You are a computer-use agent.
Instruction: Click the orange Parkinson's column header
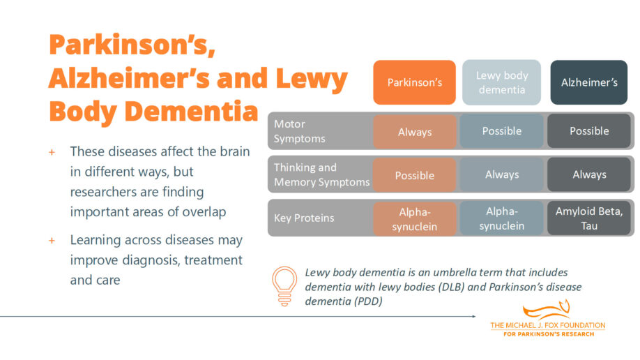pyautogui.click(x=415, y=82)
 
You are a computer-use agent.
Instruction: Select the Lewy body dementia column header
pyautogui.click(x=501, y=82)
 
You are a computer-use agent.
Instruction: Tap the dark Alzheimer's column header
pyautogui.click(x=589, y=82)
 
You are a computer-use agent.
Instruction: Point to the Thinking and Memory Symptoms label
pyautogui.click(x=321, y=174)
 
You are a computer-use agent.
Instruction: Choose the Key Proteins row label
pyautogui.click(x=304, y=218)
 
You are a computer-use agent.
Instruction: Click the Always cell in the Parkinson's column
pyautogui.click(x=415, y=132)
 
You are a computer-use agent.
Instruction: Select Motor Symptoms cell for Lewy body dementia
pyautogui.click(x=501, y=131)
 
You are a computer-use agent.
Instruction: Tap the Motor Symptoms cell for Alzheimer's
pyautogui.click(x=589, y=131)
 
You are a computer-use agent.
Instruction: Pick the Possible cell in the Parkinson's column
pyautogui.click(x=415, y=175)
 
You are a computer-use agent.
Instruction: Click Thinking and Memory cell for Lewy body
pyautogui.click(x=501, y=174)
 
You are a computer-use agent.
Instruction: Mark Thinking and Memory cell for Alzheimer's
pyautogui.click(x=589, y=174)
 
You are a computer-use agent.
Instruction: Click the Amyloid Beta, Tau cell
pyautogui.click(x=589, y=218)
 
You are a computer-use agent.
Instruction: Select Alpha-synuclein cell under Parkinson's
pyautogui.click(x=415, y=219)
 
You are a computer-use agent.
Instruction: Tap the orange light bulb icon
pyautogui.click(x=284, y=286)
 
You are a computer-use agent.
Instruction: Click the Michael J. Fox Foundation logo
pyautogui.click(x=547, y=320)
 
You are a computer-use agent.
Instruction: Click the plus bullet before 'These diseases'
pyautogui.click(x=52, y=151)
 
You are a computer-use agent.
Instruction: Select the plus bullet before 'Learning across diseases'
pyautogui.click(x=52, y=240)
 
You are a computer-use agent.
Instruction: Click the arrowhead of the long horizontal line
pyautogui.click(x=473, y=316)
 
